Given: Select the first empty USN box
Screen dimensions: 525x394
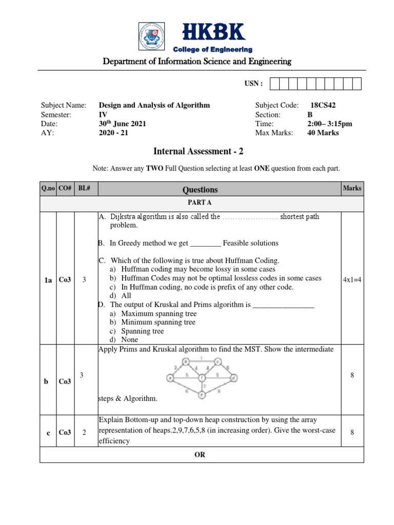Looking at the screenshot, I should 274,84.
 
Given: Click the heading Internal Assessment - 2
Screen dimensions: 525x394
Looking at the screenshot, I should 196,151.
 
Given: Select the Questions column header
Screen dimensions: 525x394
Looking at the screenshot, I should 200,190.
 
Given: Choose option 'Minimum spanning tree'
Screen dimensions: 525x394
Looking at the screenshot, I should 158,322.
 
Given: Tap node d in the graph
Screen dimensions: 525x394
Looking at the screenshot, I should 233,378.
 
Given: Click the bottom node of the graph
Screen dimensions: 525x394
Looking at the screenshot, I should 202,395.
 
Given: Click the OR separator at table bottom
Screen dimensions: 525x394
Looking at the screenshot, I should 200,455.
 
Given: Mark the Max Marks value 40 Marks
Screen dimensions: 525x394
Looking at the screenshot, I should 323,133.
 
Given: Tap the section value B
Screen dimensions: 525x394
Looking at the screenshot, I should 309,114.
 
